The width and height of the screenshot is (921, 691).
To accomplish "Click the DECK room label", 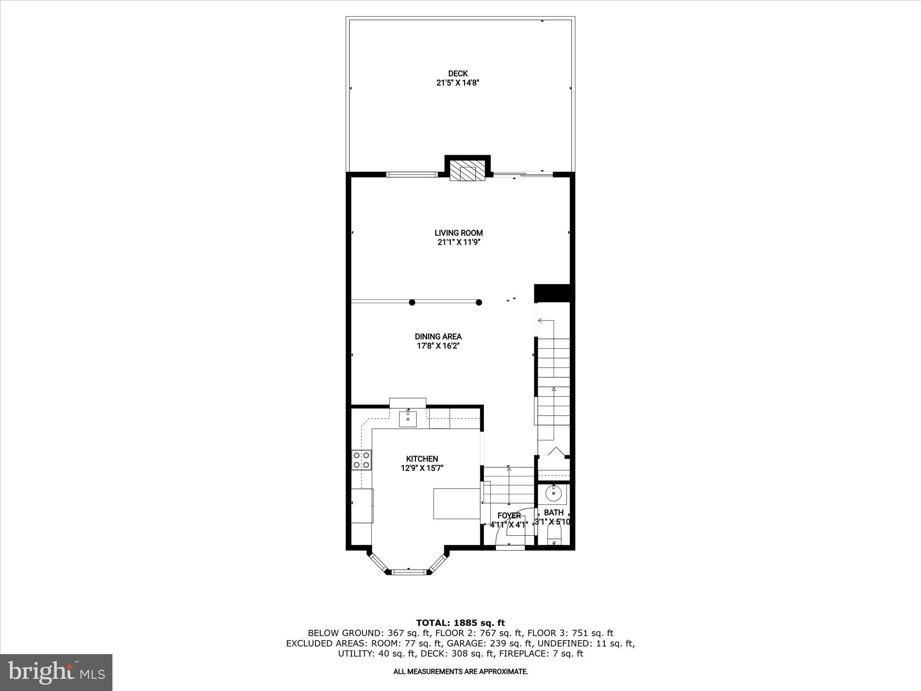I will point(458,73).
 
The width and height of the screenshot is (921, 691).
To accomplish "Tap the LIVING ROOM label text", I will point(458,233).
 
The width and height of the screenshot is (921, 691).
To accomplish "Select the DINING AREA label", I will point(438,337).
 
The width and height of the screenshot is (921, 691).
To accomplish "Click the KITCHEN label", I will point(422,459).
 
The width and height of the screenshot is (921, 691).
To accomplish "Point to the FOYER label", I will point(509,516).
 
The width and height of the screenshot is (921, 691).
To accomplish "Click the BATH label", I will point(554,512).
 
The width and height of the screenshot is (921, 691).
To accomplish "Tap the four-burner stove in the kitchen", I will point(362,460).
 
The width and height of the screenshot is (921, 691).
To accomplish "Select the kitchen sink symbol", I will point(408,419).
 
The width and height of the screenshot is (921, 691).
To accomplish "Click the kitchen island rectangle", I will point(456,503).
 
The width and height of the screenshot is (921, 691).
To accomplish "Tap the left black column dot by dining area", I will point(412,302).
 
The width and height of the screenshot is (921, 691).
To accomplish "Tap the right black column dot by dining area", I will point(479,302).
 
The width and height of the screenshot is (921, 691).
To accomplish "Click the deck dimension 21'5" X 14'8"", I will point(458,83).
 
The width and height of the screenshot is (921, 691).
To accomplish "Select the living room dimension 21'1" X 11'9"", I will point(458,242).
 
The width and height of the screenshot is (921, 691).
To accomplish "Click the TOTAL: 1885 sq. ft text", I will point(460,623).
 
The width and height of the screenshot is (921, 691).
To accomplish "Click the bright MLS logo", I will point(56,672).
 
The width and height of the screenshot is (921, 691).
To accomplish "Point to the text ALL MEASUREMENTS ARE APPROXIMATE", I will point(460,672).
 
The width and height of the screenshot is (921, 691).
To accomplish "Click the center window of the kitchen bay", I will point(409,572).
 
